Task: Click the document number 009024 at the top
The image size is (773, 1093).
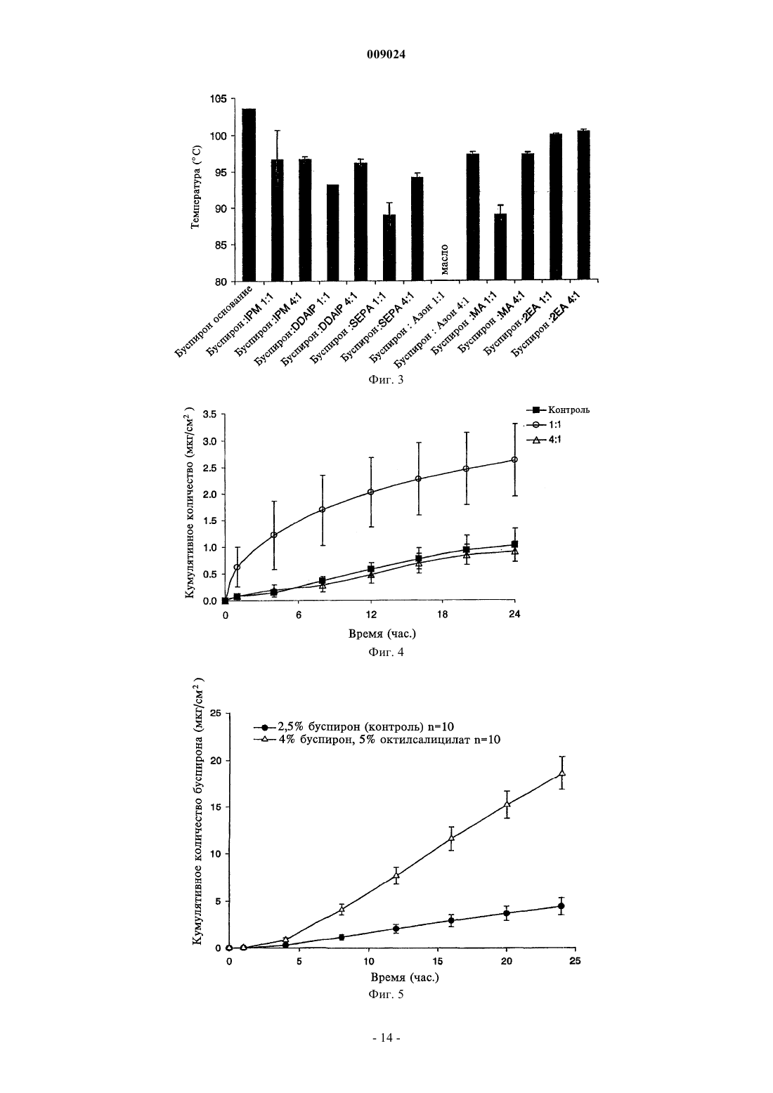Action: pos(386,55)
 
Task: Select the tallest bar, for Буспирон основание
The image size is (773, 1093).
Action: pos(249,195)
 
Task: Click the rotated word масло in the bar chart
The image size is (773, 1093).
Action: pos(444,260)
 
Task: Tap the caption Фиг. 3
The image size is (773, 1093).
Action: pos(386,379)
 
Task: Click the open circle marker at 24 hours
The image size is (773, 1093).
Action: pos(514,459)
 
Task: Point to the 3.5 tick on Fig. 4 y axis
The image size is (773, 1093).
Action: pos(214,414)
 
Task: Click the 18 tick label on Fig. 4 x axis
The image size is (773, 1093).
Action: pos(442,615)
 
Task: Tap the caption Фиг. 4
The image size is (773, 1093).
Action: pos(386,652)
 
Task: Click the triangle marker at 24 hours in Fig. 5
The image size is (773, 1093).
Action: pos(561,773)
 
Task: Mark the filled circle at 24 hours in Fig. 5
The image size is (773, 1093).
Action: pos(561,905)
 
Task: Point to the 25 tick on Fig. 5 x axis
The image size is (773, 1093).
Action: pos(576,961)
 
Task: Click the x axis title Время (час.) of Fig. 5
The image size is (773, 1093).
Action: pos(405,977)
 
